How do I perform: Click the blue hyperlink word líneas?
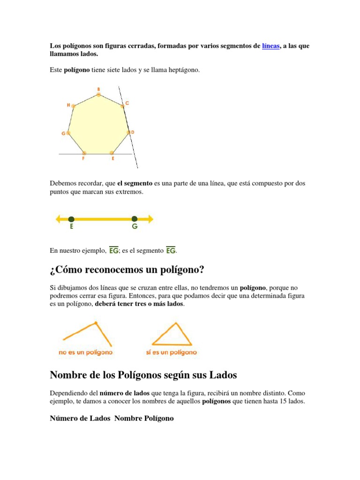(x=271, y=46)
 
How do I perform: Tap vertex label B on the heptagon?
(x=98, y=89)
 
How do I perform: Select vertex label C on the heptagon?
(x=127, y=103)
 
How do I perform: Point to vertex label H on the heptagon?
(x=68, y=105)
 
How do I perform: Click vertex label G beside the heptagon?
(x=63, y=134)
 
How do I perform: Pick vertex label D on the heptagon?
(x=133, y=133)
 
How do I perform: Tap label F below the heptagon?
(x=83, y=159)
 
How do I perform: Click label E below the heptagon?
(x=113, y=159)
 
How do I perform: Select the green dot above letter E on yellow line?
(x=71, y=218)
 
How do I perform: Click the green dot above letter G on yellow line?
(x=135, y=218)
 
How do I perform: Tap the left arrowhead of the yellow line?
(x=58, y=218)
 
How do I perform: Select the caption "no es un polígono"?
(x=86, y=352)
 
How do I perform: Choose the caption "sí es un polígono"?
(x=172, y=352)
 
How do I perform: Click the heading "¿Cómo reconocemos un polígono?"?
(x=127, y=271)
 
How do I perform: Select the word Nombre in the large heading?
(x=67, y=375)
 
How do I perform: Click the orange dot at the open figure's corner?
(x=96, y=322)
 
